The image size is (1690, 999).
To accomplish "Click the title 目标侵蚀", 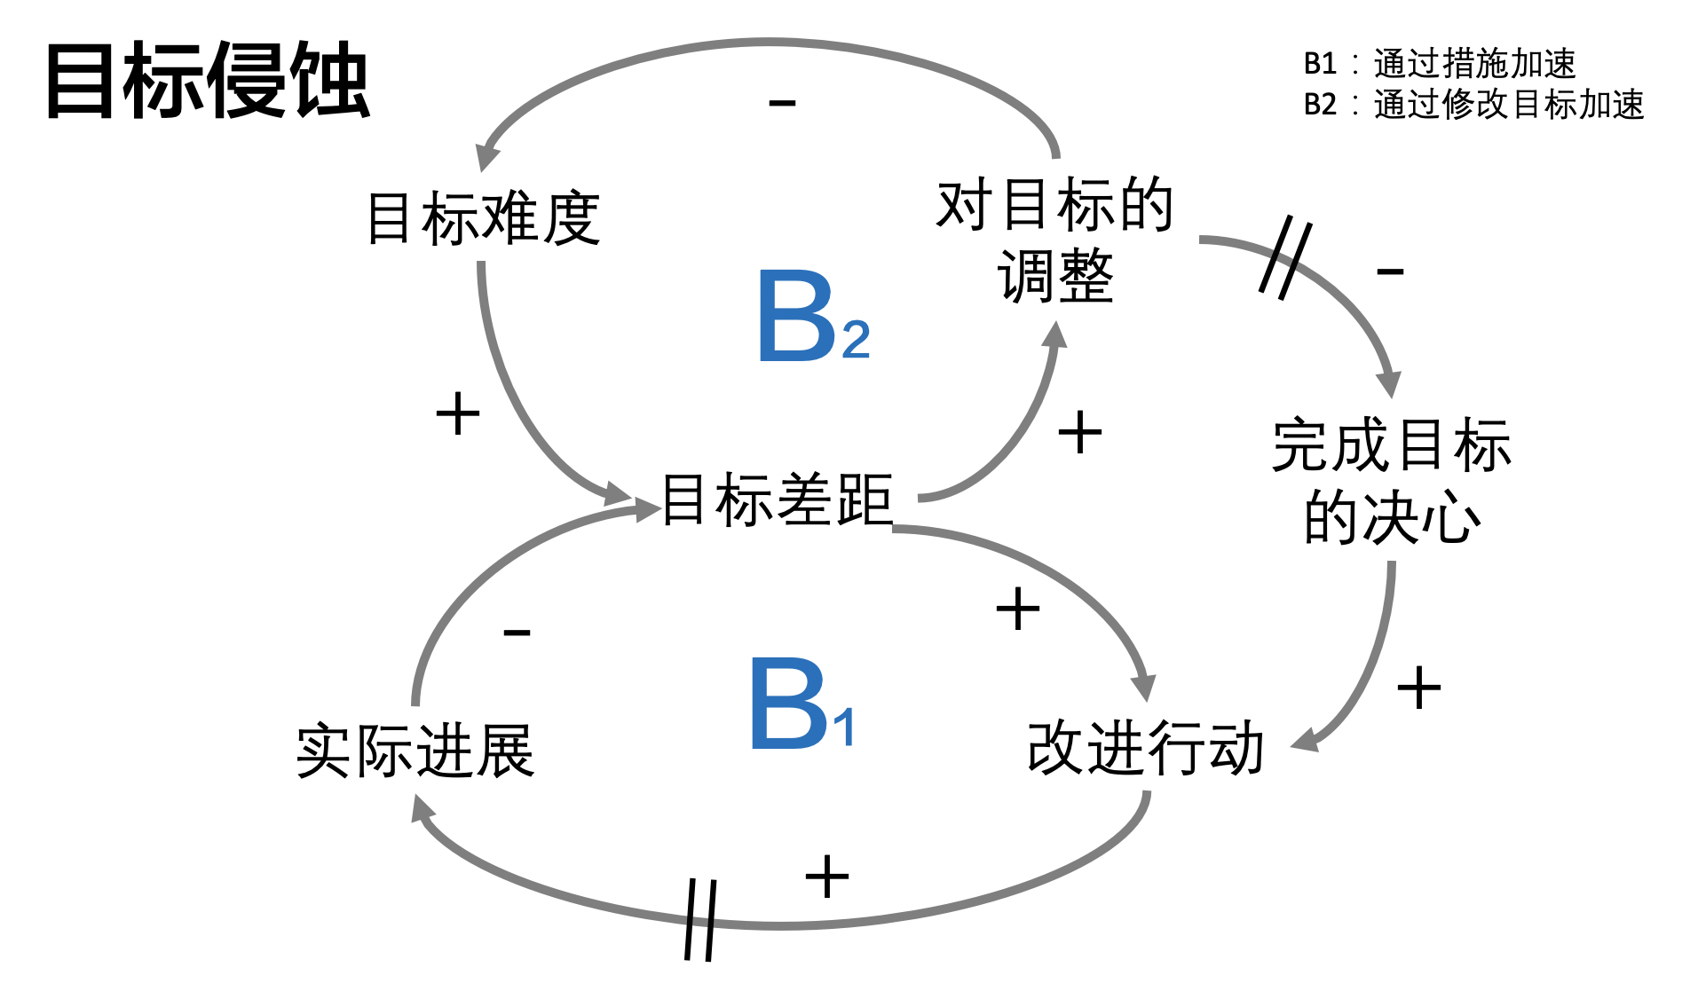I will tap(207, 81).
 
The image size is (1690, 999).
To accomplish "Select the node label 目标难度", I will tap(484, 218).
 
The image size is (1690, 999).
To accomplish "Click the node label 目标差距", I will tap(777, 499).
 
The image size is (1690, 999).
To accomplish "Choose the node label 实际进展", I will tap(415, 751).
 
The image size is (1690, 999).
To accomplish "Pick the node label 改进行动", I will tap(1145, 748).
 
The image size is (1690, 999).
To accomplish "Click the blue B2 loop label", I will tap(810, 318).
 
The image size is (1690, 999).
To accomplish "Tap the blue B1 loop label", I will tap(801, 705).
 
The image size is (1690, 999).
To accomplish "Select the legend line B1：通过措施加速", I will tap(1439, 64).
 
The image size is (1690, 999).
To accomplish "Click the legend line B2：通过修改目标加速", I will tap(1473, 105).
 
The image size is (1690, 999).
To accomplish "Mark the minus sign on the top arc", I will tap(782, 104).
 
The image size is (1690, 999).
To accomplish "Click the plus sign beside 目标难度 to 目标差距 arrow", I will tap(458, 413).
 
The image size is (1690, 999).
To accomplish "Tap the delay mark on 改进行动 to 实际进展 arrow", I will tap(700, 919).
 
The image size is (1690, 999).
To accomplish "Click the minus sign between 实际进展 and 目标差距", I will tap(517, 633).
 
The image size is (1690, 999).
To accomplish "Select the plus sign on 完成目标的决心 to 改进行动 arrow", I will tap(1418, 688).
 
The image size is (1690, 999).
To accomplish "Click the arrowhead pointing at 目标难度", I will tap(486, 157).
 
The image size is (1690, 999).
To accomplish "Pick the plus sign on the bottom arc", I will tap(826, 877).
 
